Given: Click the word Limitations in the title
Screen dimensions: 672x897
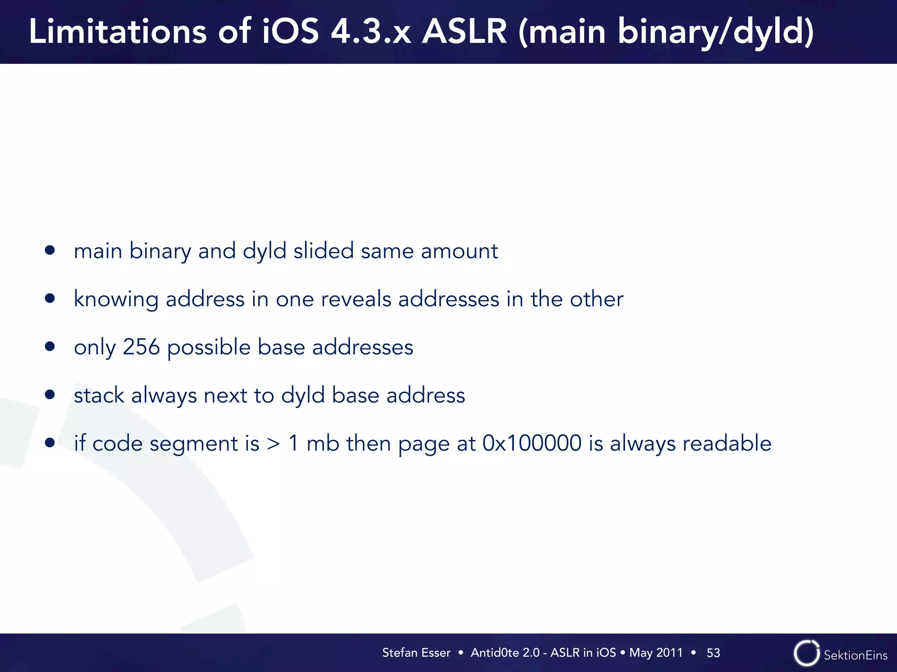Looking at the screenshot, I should (117, 31).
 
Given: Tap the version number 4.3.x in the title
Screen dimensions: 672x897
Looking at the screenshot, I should (371, 31).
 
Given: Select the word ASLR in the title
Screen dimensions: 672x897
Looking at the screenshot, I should (464, 31).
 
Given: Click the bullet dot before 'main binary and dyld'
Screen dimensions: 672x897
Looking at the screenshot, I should (50, 250).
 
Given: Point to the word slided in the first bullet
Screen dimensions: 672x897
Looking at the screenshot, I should (323, 251).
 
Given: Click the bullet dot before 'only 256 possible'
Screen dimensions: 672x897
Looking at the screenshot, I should (50, 346).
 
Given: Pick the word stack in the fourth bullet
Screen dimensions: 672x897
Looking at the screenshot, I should (99, 395).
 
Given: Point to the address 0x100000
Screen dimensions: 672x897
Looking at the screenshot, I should (532, 443).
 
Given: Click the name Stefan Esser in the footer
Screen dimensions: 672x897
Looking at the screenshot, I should (416, 653).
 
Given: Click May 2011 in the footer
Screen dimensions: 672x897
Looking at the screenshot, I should (656, 653).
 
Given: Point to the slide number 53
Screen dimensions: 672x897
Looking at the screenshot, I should (713, 653).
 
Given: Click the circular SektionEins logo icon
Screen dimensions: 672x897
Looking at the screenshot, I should (806, 653).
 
